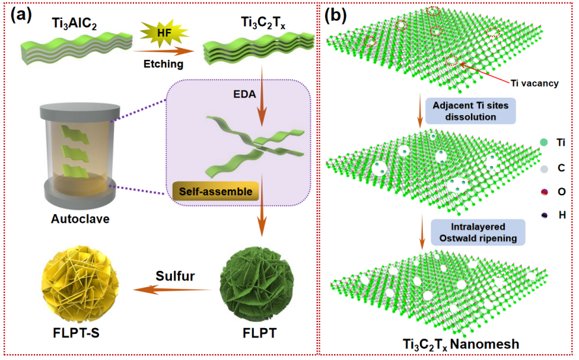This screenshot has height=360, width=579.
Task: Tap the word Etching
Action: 163,64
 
